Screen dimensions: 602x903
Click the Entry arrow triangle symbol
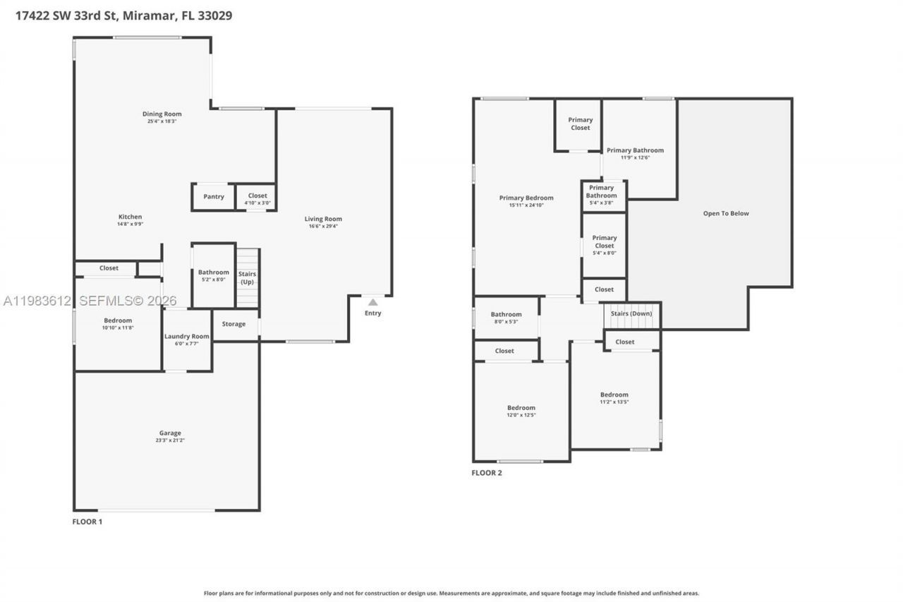tap(372, 302)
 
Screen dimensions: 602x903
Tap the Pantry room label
tap(214, 197)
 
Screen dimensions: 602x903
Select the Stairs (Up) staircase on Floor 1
tap(248, 278)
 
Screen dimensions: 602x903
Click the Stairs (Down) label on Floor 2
tap(631, 313)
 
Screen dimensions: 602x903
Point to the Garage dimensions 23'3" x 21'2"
tap(170, 440)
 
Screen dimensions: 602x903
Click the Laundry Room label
tap(187, 336)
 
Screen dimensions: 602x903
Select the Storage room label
tap(234, 324)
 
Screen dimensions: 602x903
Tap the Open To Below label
tap(726, 213)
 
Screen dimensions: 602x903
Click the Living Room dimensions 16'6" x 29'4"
tap(323, 226)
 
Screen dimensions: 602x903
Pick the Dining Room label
tap(162, 114)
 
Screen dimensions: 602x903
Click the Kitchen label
tap(130, 217)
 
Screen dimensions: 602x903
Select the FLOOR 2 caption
tap(487, 473)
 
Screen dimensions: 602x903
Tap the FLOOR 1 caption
tap(87, 522)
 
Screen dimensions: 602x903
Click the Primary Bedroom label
tap(526, 198)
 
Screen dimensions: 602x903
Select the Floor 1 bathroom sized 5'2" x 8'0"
tap(213, 275)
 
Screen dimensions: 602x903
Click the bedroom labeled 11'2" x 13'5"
tap(614, 398)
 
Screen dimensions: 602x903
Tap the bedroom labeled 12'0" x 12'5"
tap(521, 411)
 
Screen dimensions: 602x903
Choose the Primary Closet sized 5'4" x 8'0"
tap(604, 242)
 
